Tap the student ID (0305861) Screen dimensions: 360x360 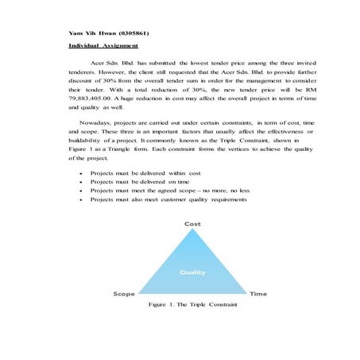[130, 34]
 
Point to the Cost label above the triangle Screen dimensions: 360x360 [193, 224]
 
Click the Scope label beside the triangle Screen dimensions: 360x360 [124, 293]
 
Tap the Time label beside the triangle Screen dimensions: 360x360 [258, 293]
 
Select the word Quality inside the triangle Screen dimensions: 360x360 [193, 272]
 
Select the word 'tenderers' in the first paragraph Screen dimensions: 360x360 [86, 69]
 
